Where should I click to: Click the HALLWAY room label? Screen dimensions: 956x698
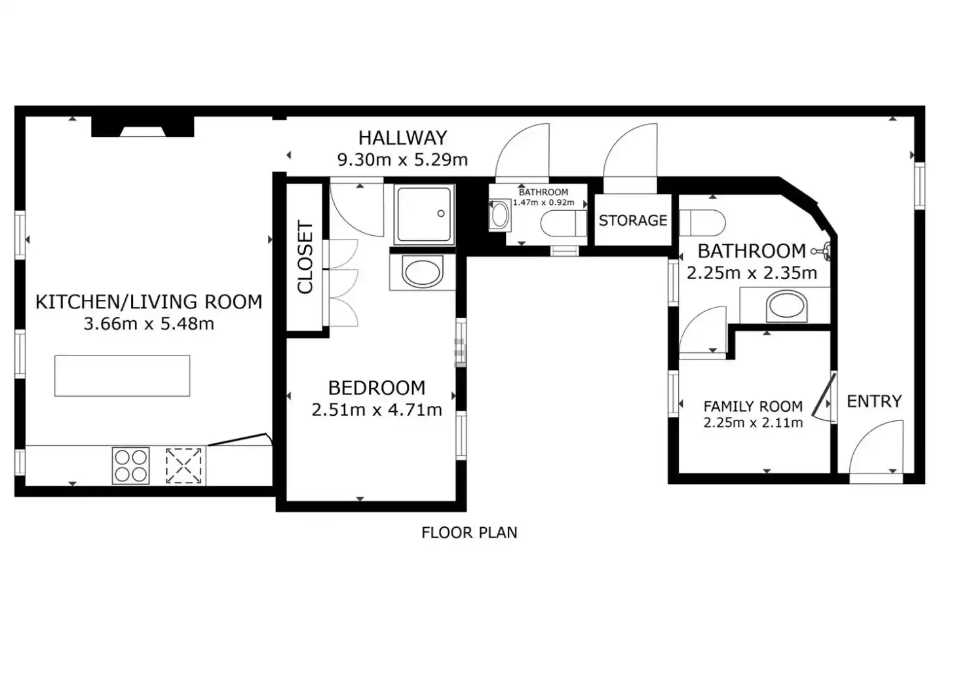pyautogui.click(x=402, y=138)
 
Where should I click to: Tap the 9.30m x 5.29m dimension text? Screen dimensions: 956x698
pyautogui.click(x=402, y=160)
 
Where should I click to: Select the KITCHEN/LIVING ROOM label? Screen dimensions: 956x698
pyautogui.click(x=149, y=302)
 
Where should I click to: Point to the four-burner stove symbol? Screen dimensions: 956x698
pyautogui.click(x=130, y=466)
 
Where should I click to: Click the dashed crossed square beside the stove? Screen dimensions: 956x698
pyautogui.click(x=183, y=466)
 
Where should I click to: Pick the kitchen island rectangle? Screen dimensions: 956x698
pyautogui.click(x=122, y=376)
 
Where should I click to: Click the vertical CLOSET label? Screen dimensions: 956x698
pyautogui.click(x=305, y=257)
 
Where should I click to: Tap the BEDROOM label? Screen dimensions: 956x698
pyautogui.click(x=377, y=388)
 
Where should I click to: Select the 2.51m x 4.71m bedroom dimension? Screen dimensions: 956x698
pyautogui.click(x=377, y=410)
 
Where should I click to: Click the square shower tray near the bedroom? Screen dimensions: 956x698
pyautogui.click(x=424, y=215)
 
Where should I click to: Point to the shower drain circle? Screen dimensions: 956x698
pyautogui.click(x=441, y=213)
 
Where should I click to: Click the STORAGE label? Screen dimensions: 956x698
pyautogui.click(x=632, y=221)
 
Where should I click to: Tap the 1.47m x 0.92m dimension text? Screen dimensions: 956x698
pyautogui.click(x=543, y=202)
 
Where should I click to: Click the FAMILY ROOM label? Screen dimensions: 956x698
pyautogui.click(x=753, y=407)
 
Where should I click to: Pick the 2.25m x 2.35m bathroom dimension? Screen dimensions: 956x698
pyautogui.click(x=752, y=273)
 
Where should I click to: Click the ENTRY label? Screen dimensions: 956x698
pyautogui.click(x=874, y=401)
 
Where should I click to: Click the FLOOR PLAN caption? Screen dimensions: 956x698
pyautogui.click(x=469, y=532)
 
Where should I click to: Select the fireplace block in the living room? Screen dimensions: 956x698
pyautogui.click(x=143, y=126)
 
